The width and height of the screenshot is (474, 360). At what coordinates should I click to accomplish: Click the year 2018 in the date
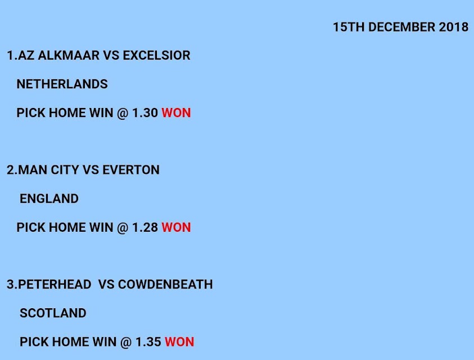click(x=454, y=27)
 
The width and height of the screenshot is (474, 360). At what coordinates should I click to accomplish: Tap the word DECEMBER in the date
click(x=402, y=27)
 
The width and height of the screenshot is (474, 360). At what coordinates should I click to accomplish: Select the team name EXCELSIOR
click(x=156, y=55)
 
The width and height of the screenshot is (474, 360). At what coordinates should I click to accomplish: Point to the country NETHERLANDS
click(x=62, y=84)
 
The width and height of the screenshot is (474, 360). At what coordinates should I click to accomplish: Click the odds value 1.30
click(x=145, y=113)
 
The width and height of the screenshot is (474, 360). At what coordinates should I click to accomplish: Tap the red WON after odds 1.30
click(x=176, y=113)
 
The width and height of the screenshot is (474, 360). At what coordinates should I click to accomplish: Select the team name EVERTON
click(x=131, y=170)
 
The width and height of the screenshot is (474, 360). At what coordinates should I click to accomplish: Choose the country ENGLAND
click(x=49, y=199)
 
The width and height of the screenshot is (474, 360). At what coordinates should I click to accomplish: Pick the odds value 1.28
click(x=145, y=227)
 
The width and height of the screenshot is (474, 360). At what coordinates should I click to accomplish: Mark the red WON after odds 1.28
click(x=176, y=227)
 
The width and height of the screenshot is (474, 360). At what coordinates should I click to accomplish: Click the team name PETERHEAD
click(x=55, y=285)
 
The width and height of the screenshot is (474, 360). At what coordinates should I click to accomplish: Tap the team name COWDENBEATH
click(x=165, y=285)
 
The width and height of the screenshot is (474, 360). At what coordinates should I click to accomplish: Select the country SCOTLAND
click(x=53, y=313)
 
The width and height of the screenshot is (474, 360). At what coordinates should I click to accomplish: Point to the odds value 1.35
click(x=148, y=342)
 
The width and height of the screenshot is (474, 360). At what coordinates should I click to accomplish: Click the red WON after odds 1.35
click(x=179, y=342)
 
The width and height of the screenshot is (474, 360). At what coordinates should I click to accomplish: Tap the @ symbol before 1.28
click(x=123, y=228)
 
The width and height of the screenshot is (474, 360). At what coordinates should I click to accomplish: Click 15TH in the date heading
click(x=349, y=27)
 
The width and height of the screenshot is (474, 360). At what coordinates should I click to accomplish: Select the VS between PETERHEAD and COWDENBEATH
click(x=106, y=285)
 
